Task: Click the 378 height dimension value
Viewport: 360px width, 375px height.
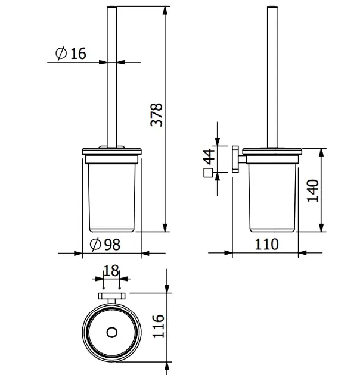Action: click(156, 115)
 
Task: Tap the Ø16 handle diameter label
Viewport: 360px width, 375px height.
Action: click(71, 53)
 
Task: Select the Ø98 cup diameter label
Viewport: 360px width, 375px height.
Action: click(105, 244)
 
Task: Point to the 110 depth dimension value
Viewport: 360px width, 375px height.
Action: click(266, 244)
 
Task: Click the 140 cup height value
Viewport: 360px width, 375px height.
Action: click(313, 190)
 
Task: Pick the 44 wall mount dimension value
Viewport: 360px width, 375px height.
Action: click(209, 157)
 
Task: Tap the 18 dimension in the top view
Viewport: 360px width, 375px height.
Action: click(111, 270)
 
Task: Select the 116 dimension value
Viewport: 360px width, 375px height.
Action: click(159, 326)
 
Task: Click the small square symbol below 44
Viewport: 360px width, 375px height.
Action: click(208, 173)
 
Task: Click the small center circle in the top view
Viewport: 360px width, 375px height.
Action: click(112, 332)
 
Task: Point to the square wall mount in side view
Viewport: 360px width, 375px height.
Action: click(235, 159)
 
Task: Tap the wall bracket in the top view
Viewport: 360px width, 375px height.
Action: click(111, 296)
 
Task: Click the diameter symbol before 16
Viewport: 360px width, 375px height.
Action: click(61, 53)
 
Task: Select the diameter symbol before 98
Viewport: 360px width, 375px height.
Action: click(95, 244)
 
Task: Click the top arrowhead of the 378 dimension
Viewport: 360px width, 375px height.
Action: click(165, 11)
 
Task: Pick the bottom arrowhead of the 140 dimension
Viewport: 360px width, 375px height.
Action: click(322, 227)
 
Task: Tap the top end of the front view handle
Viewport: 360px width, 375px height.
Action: click(112, 7)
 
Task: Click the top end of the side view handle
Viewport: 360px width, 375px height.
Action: click(272, 7)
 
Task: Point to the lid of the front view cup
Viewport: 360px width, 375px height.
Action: click(112, 152)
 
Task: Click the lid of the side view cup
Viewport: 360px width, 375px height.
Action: click(272, 152)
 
